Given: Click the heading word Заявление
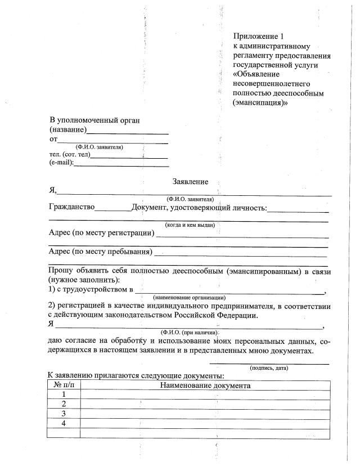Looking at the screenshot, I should click(190, 182).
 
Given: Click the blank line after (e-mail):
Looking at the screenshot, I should click(121, 165).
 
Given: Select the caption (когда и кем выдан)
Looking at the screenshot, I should click(190, 225).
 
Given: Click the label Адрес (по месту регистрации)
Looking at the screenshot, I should click(102, 233).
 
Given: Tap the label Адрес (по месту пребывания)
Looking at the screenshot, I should click(101, 251).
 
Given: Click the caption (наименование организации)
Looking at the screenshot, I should click(190, 297).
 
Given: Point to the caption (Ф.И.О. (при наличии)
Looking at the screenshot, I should click(190, 333).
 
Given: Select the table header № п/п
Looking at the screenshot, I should click(64, 386).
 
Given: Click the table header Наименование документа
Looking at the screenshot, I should click(205, 386).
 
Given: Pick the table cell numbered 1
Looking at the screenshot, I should click(64, 395).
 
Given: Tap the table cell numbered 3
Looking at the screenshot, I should click(64, 414).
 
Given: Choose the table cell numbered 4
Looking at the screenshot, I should click(64, 423).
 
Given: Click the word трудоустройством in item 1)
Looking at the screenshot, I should click(97, 290).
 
